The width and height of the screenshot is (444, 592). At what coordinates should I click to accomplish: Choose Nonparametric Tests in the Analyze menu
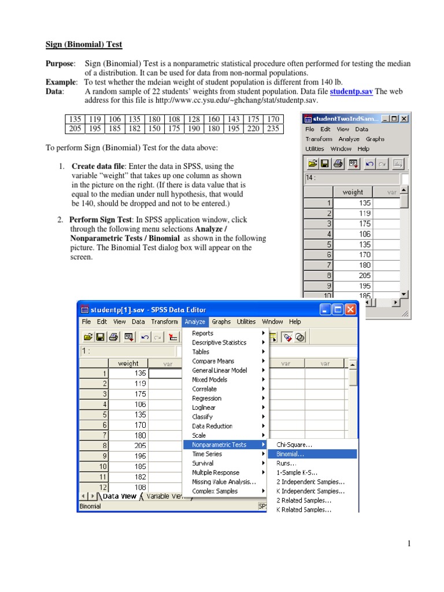pyautogui.click(x=219, y=445)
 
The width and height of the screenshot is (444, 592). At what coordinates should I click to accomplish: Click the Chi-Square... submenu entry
pyautogui.click(x=294, y=445)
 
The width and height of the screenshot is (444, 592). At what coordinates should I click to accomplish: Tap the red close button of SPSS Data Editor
pyautogui.click(x=351, y=309)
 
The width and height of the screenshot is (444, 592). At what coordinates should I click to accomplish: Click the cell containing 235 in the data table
pyautogui.click(x=272, y=129)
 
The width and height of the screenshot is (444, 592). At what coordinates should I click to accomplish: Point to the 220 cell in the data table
pyautogui.click(x=253, y=129)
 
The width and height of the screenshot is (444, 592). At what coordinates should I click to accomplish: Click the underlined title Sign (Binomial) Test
pyautogui.click(x=84, y=45)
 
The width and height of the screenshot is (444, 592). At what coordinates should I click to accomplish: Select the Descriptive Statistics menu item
pyautogui.click(x=219, y=342)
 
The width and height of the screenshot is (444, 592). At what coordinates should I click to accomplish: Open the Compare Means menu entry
pyautogui.click(x=213, y=361)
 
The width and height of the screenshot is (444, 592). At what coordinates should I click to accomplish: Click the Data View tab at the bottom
pyautogui.click(x=119, y=495)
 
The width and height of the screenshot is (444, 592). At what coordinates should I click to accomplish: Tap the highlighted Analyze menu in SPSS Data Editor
pyautogui.click(x=195, y=321)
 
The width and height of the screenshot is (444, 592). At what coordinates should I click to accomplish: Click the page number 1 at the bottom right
pyautogui.click(x=408, y=543)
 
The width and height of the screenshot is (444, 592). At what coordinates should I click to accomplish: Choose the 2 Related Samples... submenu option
pyautogui.click(x=304, y=500)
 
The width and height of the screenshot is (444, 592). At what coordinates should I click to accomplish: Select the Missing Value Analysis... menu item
pyautogui.click(x=224, y=482)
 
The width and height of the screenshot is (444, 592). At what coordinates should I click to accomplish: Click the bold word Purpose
pyautogui.click(x=60, y=63)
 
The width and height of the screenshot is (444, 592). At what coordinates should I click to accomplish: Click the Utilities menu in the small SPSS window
pyautogui.click(x=315, y=149)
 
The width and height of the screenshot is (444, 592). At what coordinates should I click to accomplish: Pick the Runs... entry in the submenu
pyautogui.click(x=287, y=463)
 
